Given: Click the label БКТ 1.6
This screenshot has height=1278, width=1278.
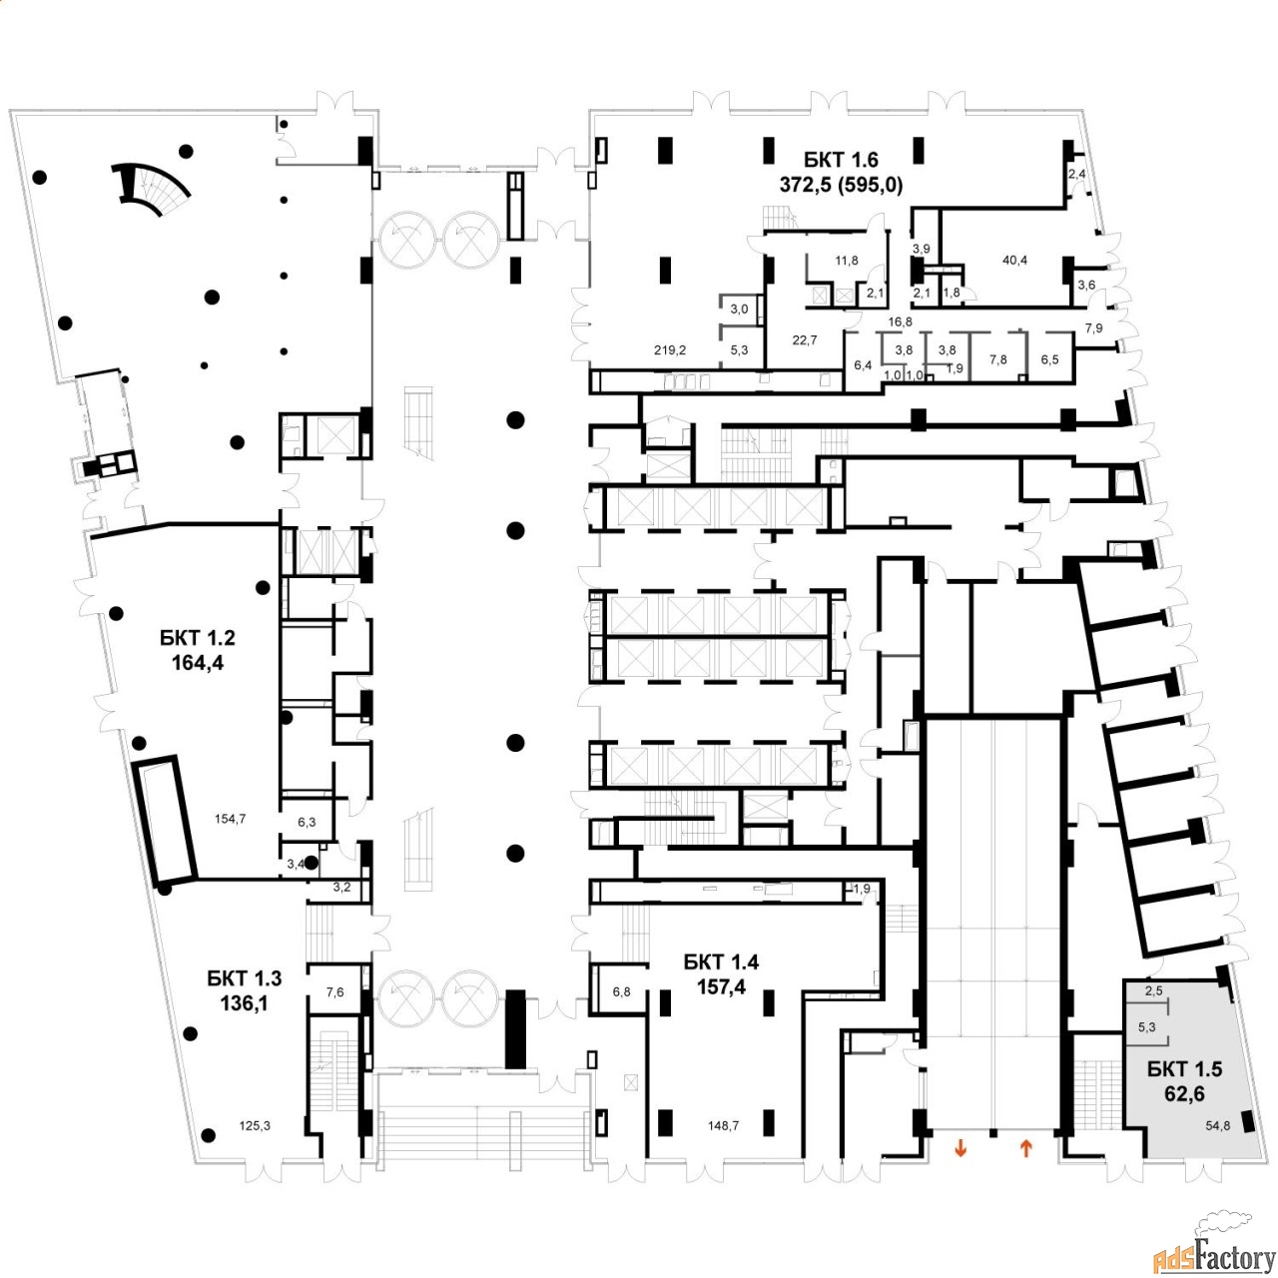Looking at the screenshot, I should (x=841, y=160).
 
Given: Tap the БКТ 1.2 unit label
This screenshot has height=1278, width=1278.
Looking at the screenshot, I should (x=198, y=638).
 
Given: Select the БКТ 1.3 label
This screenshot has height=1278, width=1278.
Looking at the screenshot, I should (x=245, y=977).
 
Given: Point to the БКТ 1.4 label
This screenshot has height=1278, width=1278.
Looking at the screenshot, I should (x=721, y=962).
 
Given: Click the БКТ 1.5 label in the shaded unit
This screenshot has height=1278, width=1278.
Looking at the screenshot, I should (x=1184, y=1069).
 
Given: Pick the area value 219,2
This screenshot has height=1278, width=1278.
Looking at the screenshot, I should (x=670, y=350).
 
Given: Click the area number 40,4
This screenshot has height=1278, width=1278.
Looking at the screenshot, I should (x=1014, y=261).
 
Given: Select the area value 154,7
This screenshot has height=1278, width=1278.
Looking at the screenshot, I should (x=230, y=819).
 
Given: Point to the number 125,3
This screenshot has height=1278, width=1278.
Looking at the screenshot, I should (x=255, y=1126).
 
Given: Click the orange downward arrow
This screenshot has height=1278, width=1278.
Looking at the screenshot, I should (x=960, y=1149).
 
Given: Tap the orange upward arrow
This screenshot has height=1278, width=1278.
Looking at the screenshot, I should (x=1025, y=1149).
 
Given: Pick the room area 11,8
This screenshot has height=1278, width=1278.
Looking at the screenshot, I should (x=847, y=261).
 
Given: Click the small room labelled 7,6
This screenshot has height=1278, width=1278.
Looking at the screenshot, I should (x=335, y=992).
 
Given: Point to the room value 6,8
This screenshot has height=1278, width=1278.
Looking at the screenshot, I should (x=622, y=992).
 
